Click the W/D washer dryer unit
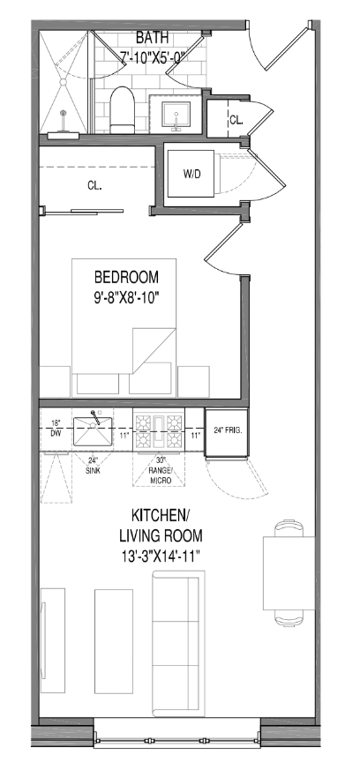[192, 174]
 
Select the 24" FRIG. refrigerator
[227, 432]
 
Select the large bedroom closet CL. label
[94, 186]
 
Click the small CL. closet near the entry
[236, 119]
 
